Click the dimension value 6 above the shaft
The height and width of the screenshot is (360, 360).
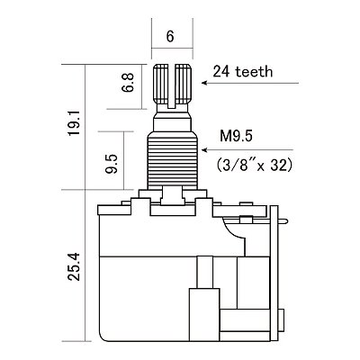pos(170,37)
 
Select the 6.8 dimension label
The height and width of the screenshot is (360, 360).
pos(128,83)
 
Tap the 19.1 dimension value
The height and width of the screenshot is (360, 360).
pos(74,122)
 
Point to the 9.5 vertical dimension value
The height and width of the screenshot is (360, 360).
pos(111,164)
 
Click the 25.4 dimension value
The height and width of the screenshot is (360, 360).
pos(74,266)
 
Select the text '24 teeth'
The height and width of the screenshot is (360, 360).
pos(243,72)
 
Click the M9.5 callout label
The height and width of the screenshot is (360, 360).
pos(237,137)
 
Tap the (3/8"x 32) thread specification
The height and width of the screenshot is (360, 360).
pos(254,165)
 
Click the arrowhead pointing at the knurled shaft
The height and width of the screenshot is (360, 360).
pos(204,83)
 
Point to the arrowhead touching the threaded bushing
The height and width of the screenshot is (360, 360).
pos(204,149)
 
